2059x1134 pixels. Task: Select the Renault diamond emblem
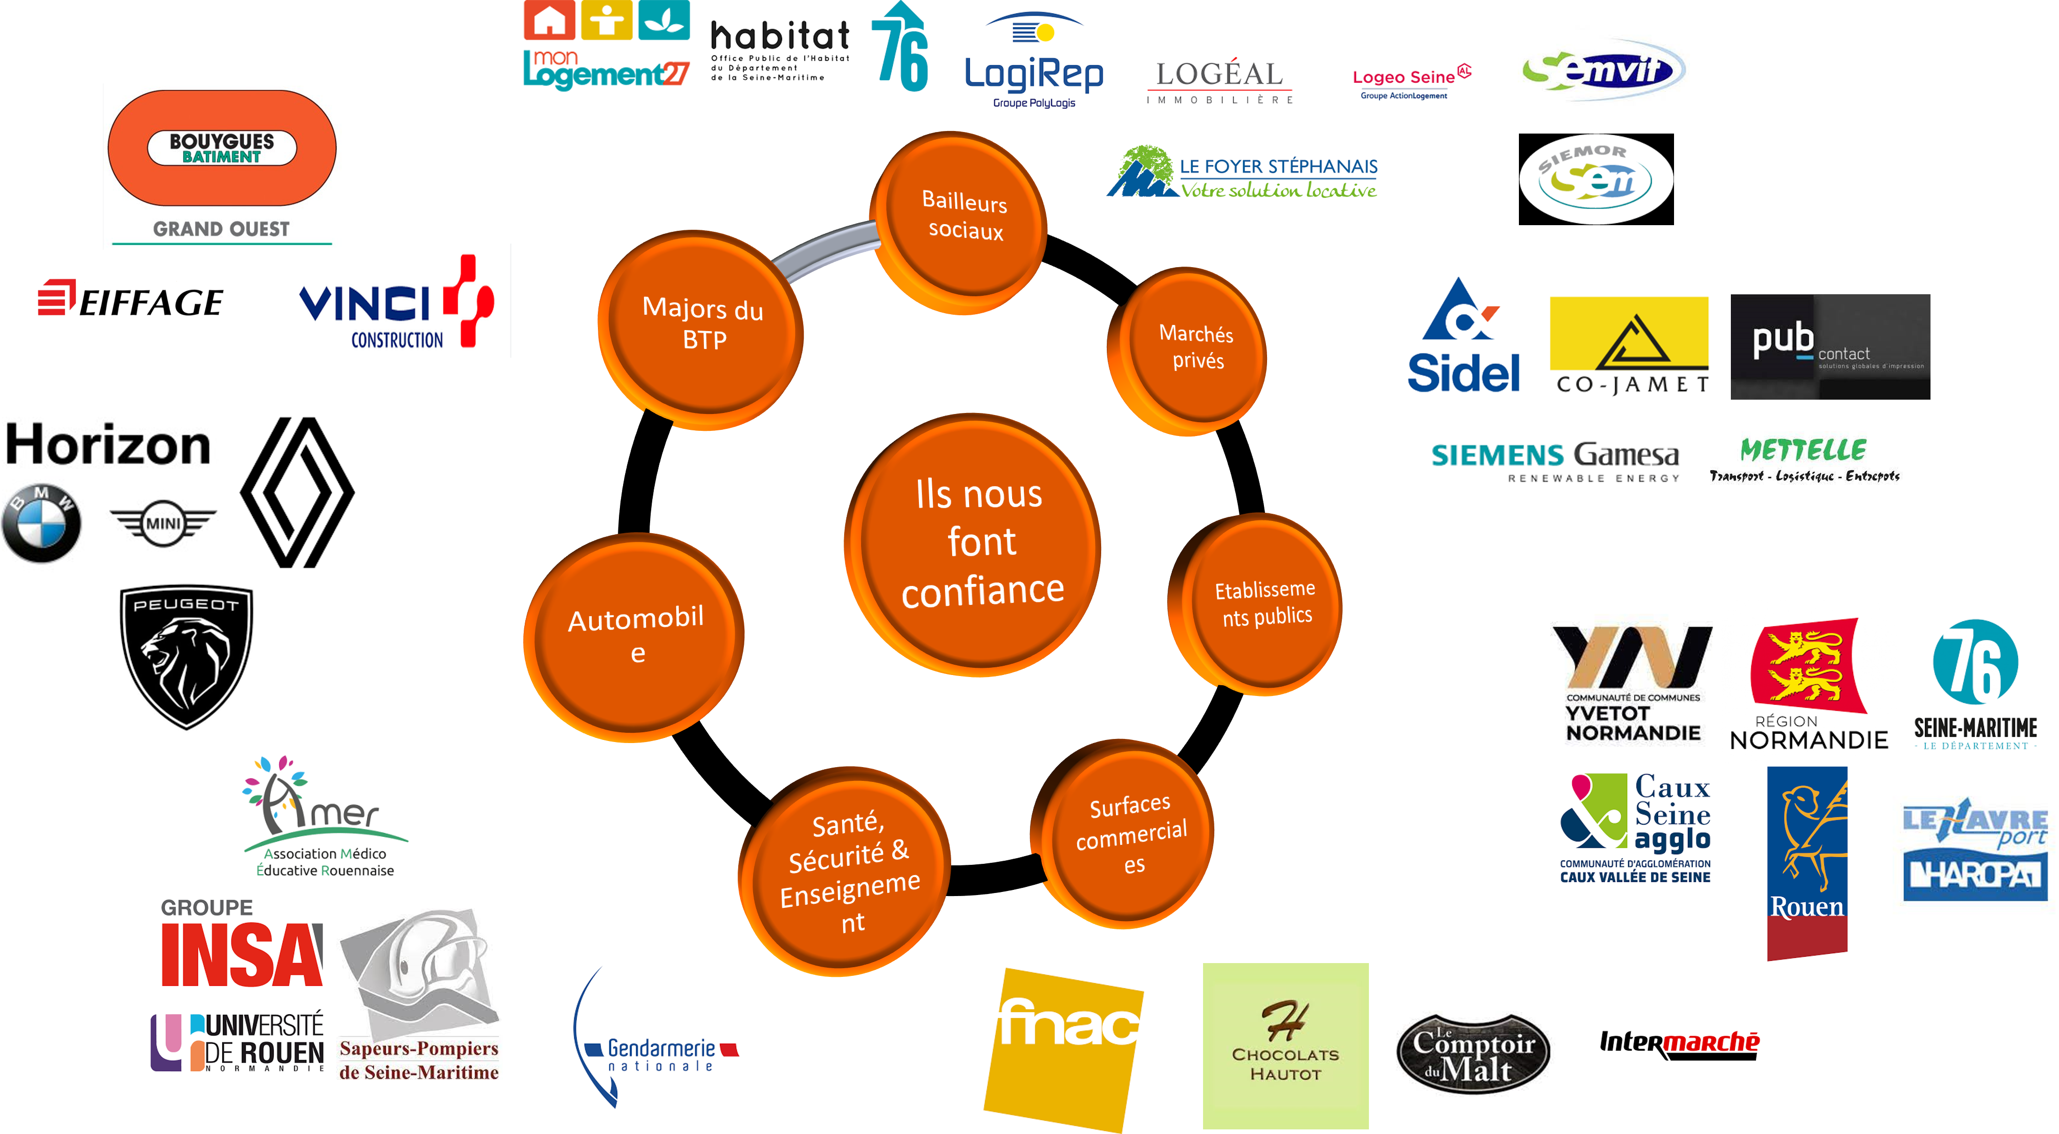point(297,491)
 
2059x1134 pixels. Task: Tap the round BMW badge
point(41,524)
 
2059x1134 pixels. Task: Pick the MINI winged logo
point(163,524)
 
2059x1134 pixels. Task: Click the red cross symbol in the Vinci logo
point(470,300)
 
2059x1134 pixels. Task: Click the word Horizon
point(108,445)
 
